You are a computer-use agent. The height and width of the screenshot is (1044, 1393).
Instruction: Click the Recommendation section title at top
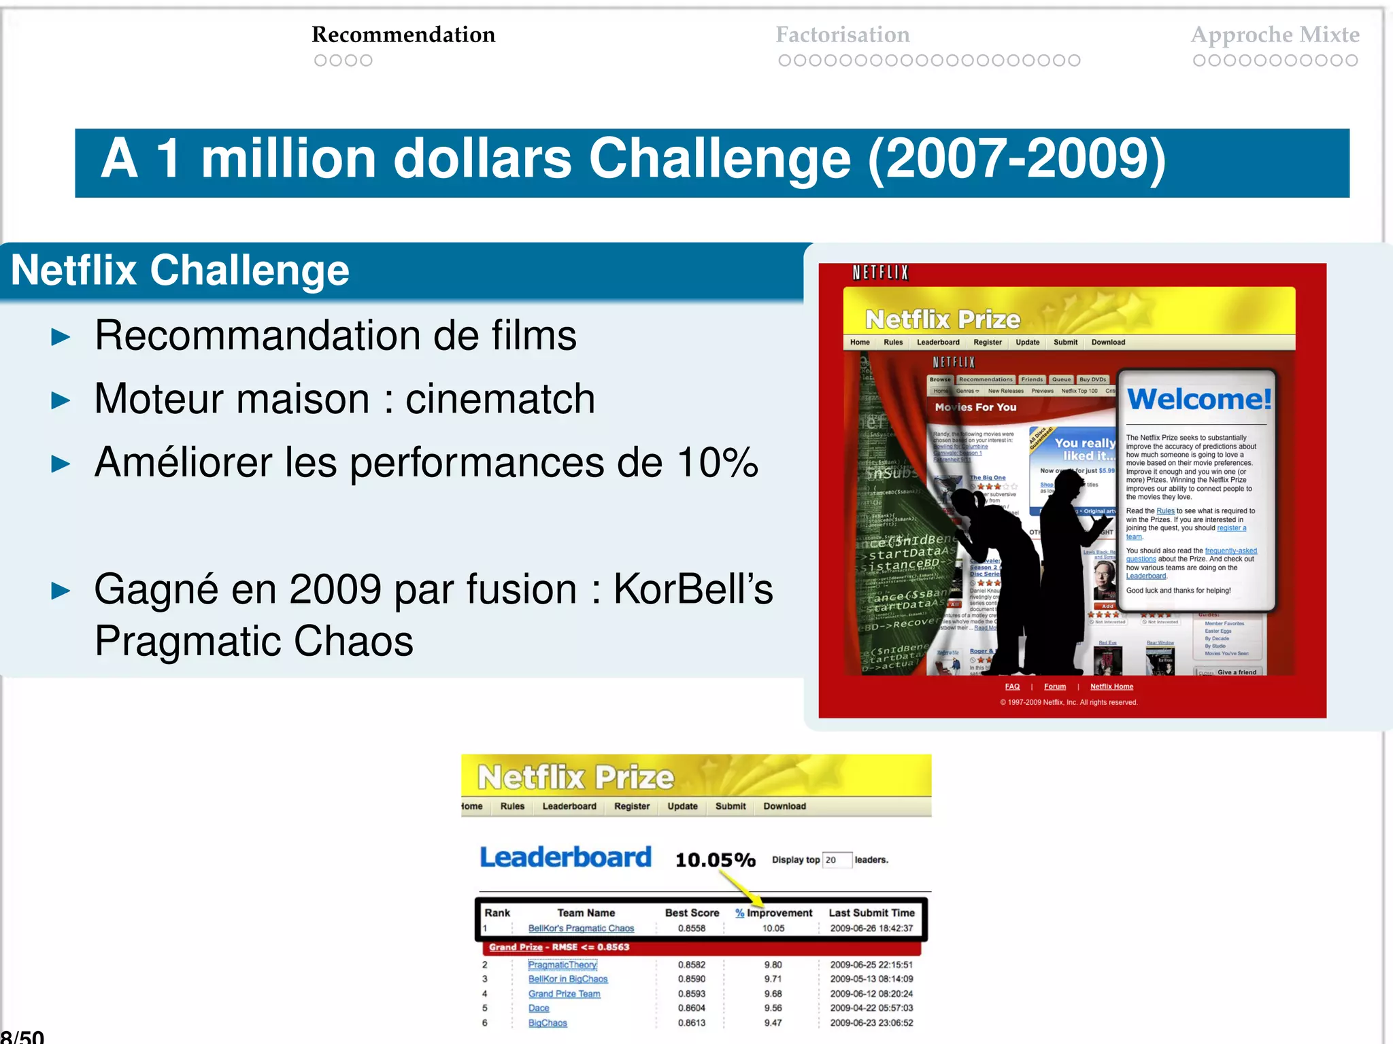click(x=403, y=35)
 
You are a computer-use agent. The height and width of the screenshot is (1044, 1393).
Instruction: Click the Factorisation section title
click(x=842, y=35)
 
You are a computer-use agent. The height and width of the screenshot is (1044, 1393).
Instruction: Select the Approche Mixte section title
click(x=1275, y=35)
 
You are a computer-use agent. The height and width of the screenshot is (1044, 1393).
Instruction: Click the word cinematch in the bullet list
click(x=500, y=399)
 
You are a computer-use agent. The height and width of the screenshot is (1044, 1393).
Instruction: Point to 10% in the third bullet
click(x=718, y=463)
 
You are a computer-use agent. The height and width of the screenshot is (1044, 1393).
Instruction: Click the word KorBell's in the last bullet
click(x=693, y=589)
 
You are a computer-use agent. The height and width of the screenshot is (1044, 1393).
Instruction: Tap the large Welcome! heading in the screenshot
click(x=1198, y=399)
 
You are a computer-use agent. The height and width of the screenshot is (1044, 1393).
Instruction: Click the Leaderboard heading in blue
click(x=565, y=858)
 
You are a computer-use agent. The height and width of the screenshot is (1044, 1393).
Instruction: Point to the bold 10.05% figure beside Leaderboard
click(x=715, y=860)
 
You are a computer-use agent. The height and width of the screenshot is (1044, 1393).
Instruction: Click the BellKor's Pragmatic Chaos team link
click(x=581, y=928)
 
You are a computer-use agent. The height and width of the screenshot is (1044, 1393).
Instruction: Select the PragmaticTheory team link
click(x=563, y=964)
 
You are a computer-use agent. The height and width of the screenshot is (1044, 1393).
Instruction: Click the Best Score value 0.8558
click(x=691, y=928)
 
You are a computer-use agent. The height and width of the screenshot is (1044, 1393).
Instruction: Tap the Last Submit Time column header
click(x=871, y=913)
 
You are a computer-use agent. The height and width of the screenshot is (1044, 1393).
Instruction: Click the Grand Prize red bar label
click(x=558, y=947)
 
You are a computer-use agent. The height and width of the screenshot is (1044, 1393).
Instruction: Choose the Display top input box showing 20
click(x=836, y=860)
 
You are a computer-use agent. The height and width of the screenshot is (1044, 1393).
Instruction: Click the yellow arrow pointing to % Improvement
click(x=741, y=888)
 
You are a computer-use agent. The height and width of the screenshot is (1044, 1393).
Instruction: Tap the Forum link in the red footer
click(x=1054, y=686)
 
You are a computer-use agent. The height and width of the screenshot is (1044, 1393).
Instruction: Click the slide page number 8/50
click(x=22, y=1036)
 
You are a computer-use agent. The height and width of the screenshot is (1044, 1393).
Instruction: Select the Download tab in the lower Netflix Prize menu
click(x=784, y=806)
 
